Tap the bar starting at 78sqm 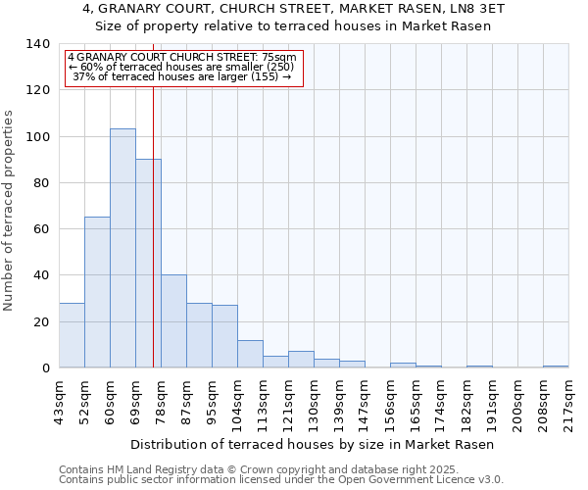173,320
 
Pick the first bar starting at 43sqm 72,335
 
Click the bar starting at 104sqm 250,354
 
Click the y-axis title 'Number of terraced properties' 10,210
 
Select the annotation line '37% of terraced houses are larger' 182,76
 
